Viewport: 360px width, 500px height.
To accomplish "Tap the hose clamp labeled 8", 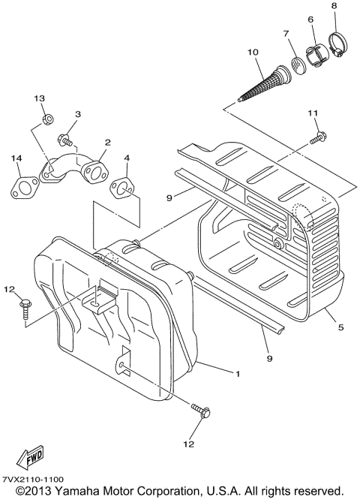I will [x=334, y=44].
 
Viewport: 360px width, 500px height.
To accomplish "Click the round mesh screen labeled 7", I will [x=298, y=64].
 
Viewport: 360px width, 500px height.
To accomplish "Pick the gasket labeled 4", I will [x=124, y=187].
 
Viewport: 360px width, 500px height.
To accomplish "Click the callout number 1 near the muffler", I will [x=239, y=373].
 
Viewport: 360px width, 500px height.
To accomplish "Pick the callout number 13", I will [x=40, y=99].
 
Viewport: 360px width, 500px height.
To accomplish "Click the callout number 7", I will [x=286, y=34].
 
